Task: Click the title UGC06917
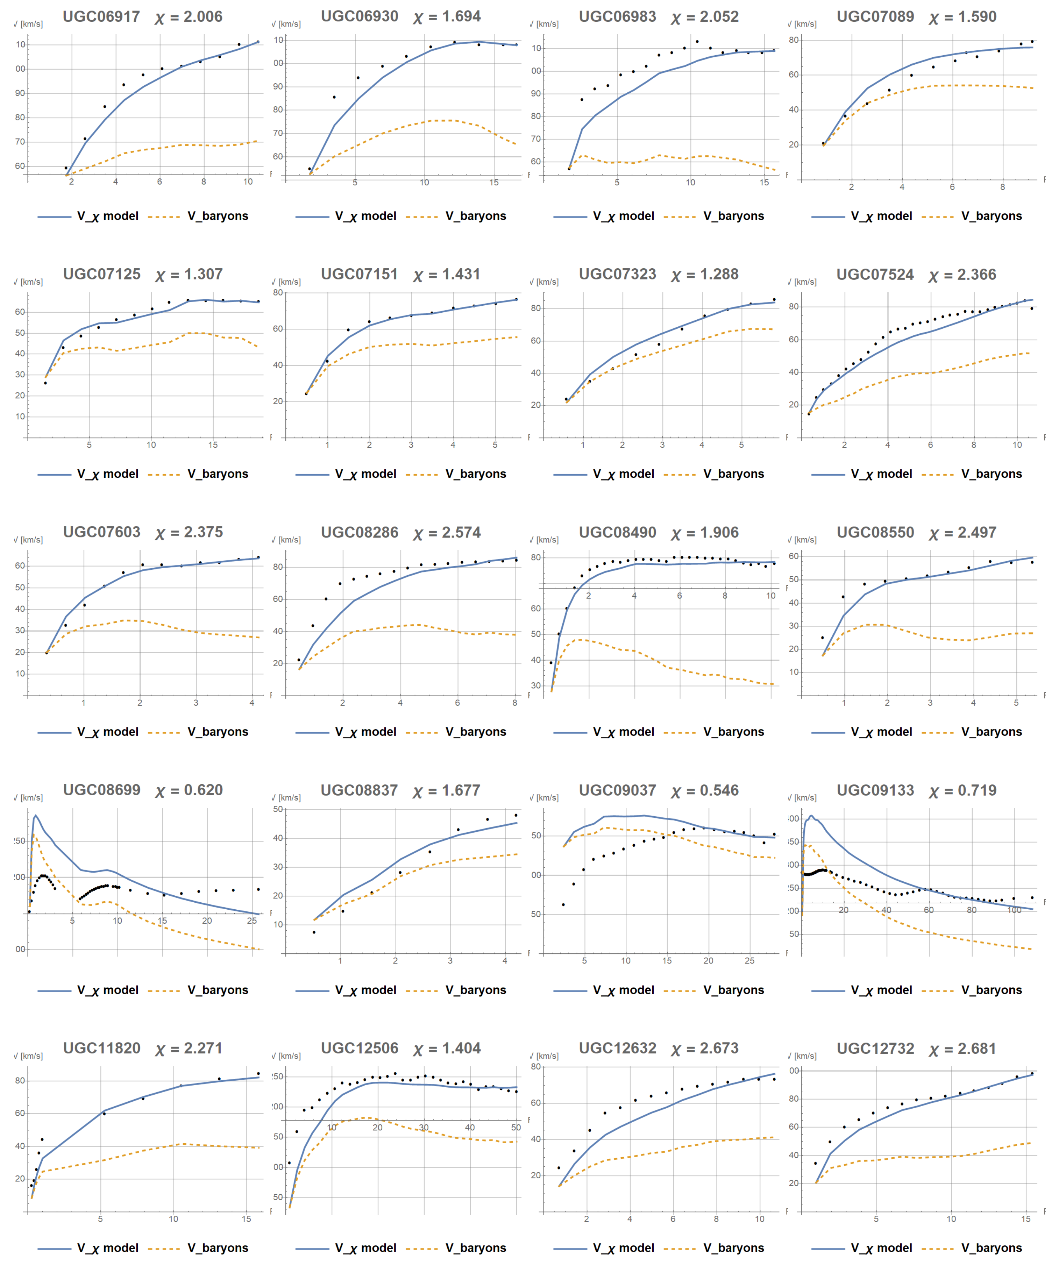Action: pyautogui.click(x=101, y=16)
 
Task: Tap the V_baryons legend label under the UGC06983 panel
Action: pyautogui.click(x=734, y=216)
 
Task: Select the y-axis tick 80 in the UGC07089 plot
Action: pyautogui.click(x=794, y=40)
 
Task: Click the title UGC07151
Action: pyautogui.click(x=359, y=274)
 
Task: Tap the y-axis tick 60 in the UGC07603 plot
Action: pyautogui.click(x=20, y=566)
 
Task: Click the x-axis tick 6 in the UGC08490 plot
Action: pyautogui.click(x=680, y=596)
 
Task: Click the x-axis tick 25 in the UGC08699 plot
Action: pyautogui.click(x=252, y=921)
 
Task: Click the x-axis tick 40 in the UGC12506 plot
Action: pyautogui.click(x=469, y=1128)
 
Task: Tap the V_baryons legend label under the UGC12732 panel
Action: pyautogui.click(x=992, y=1248)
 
